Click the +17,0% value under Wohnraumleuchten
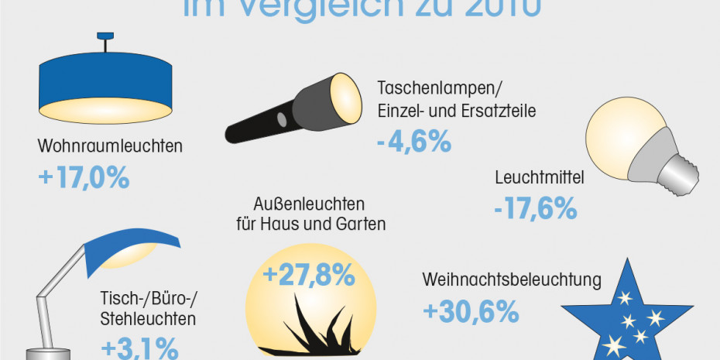pyautogui.click(x=83, y=178)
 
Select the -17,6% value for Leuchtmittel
pyautogui.click(x=535, y=207)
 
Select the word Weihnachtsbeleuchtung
pyautogui.click(x=512, y=279)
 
